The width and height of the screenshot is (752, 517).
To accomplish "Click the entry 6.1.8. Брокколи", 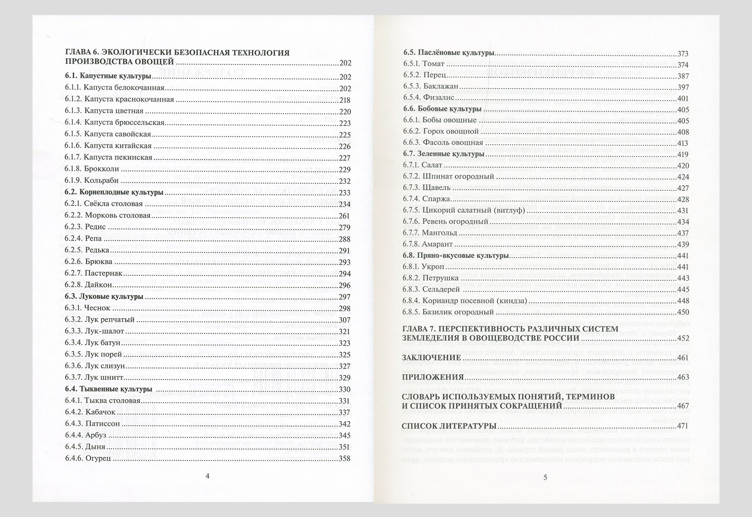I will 92,169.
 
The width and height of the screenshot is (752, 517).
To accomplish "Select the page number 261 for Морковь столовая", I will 345,216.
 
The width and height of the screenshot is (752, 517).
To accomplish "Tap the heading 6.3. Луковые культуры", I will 104,297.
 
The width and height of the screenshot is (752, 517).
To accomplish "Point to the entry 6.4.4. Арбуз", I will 86,436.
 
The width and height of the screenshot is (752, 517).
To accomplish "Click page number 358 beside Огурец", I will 345,459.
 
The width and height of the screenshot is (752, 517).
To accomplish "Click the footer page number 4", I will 208,476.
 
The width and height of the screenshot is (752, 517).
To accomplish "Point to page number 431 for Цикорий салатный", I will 682,211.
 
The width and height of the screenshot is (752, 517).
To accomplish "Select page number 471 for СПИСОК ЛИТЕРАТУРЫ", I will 682,427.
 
